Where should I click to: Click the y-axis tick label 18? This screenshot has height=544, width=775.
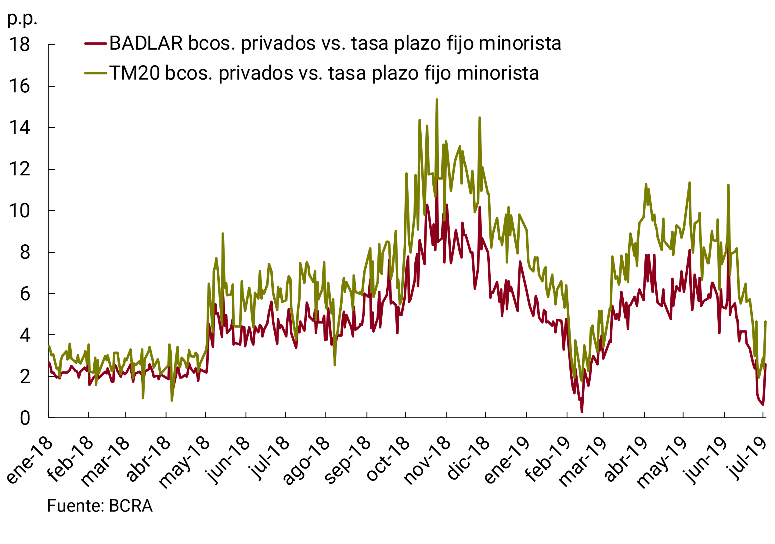(x=20, y=45)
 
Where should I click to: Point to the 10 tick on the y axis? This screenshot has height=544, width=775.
(x=20, y=211)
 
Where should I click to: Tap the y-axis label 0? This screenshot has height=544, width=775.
(x=25, y=419)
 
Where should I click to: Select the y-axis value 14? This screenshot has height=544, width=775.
(x=20, y=128)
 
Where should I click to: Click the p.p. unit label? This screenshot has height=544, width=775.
(x=22, y=19)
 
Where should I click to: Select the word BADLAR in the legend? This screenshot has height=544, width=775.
(x=146, y=44)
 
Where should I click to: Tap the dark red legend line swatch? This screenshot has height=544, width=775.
(x=96, y=44)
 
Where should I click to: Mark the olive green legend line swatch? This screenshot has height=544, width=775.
(x=96, y=73)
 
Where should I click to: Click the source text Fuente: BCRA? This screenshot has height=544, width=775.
(x=100, y=506)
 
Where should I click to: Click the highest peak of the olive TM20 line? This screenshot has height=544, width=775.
(x=437, y=100)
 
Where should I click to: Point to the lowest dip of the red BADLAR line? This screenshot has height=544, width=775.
(x=582, y=412)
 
